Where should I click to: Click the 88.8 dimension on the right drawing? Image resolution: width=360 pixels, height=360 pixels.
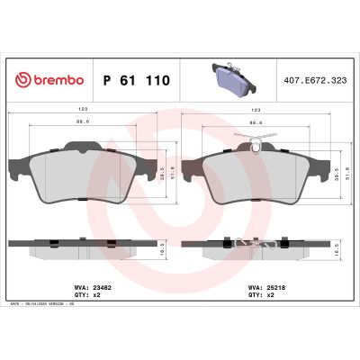(x=256, y=121)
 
